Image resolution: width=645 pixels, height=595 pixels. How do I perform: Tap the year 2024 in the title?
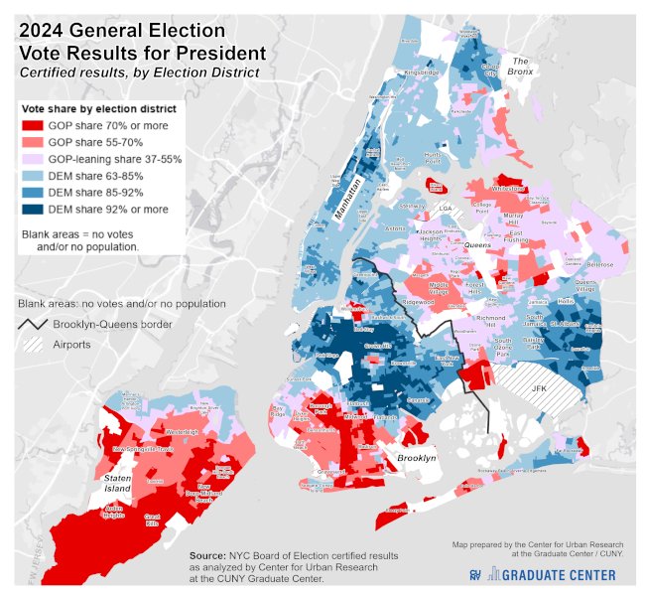pyautogui.click(x=46, y=30)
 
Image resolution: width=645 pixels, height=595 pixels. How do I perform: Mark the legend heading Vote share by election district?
pyautogui.click(x=99, y=107)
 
